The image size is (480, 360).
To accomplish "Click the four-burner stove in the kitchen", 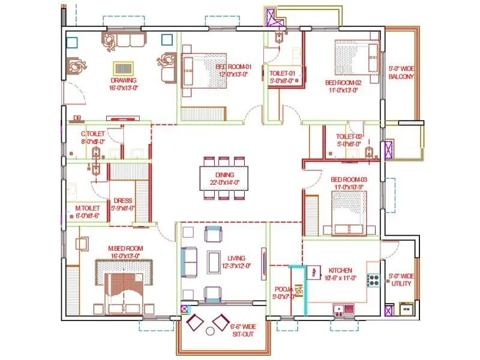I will click(373, 279).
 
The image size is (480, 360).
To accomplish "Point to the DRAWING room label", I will click(123, 80).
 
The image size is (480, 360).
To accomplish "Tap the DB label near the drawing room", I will click(77, 118).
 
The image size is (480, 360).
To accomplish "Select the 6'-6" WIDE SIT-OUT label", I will click(243, 330).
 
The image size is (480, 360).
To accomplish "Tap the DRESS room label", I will click(122, 201).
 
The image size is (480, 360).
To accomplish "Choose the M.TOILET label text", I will click(87, 208).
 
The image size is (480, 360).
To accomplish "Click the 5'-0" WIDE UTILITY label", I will click(400, 280).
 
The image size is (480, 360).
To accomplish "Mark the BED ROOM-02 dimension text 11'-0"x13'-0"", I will click(341, 90).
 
